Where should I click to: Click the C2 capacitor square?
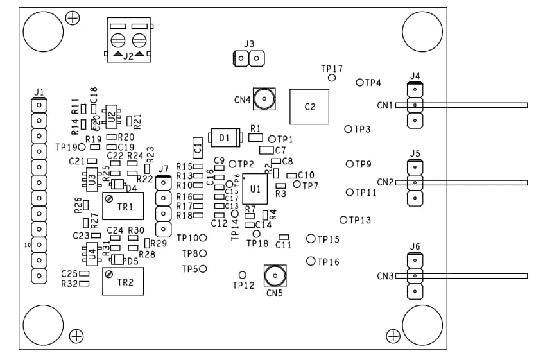click(x=309, y=107)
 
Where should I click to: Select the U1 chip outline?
click(x=255, y=189)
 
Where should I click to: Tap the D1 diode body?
click(x=224, y=138)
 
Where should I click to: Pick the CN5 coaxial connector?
click(x=275, y=276)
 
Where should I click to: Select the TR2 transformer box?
click(x=123, y=281)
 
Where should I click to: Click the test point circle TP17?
click(x=332, y=78)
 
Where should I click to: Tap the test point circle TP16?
click(x=311, y=261)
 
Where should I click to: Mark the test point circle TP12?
click(x=243, y=275)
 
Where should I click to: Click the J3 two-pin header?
click(x=248, y=59)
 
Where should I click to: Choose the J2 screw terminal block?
click(x=128, y=40)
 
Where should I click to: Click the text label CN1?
click(x=384, y=105)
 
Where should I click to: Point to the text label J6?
click(x=415, y=246)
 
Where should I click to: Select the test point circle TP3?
click(x=349, y=129)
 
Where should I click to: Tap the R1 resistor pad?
click(x=255, y=137)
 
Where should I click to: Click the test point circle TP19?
click(x=82, y=147)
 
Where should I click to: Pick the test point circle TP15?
click(x=311, y=239)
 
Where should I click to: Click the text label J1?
click(x=39, y=92)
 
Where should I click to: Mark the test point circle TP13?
click(x=343, y=220)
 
